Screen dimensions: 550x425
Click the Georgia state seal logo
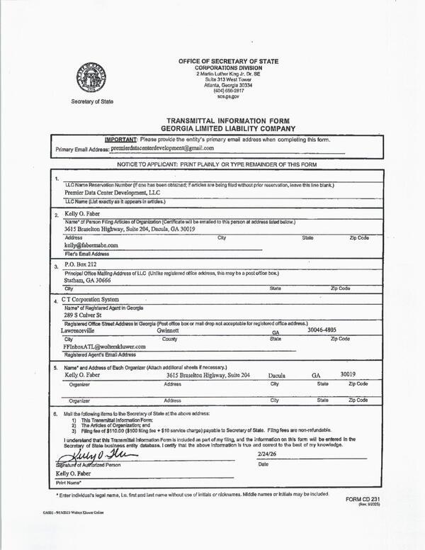point(91,77)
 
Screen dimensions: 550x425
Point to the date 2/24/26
point(268,453)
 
